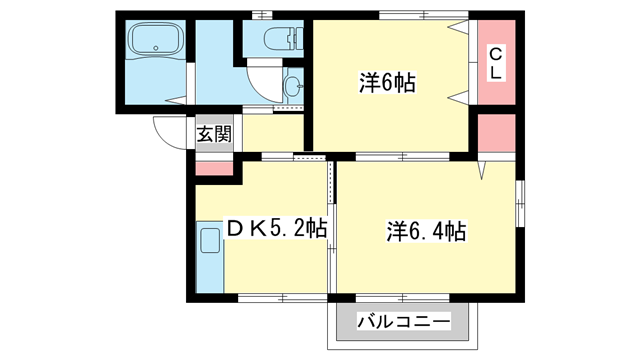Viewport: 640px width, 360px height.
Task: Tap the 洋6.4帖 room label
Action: tap(426, 232)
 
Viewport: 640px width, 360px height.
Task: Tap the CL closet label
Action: tap(495, 62)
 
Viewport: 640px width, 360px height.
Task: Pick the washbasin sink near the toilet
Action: tap(293, 88)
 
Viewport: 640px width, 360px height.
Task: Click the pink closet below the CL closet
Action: tap(495, 134)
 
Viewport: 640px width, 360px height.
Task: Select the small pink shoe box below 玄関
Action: tap(211, 167)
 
